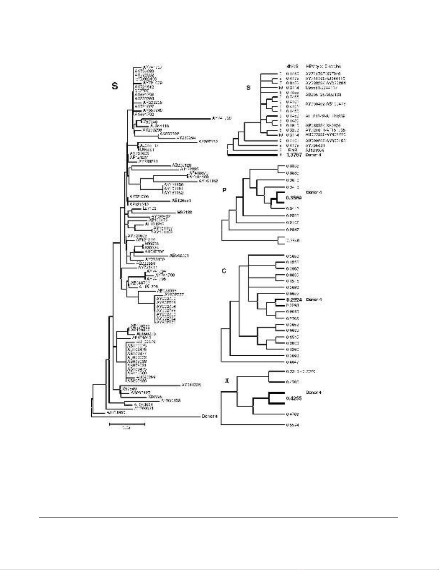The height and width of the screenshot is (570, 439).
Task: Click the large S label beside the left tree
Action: click(x=114, y=86)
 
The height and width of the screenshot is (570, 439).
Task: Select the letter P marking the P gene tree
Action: click(x=225, y=190)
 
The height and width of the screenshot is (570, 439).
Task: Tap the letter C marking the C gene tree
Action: click(x=224, y=271)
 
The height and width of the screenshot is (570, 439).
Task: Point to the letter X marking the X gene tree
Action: click(x=227, y=380)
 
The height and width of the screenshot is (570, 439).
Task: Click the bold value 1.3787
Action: click(x=294, y=155)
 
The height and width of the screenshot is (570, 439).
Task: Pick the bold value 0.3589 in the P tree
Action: click(x=294, y=198)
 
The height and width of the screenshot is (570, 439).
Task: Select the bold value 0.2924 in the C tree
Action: click(x=294, y=300)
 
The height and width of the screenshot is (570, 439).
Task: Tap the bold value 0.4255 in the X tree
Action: click(x=294, y=398)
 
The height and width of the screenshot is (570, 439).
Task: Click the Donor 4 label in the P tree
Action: click(x=314, y=192)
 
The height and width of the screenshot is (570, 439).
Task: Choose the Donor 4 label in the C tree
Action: click(x=314, y=300)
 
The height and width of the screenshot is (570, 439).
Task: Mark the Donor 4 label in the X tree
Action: click(x=314, y=392)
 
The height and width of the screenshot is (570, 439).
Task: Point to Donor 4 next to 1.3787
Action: click(x=313, y=155)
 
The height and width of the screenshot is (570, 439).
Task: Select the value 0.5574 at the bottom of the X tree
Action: click(x=293, y=425)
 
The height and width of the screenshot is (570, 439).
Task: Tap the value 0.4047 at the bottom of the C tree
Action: click(x=293, y=362)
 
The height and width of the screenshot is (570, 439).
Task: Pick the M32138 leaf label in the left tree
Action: click(x=184, y=212)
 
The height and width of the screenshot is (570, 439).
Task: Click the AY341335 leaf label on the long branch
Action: click(x=191, y=385)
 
